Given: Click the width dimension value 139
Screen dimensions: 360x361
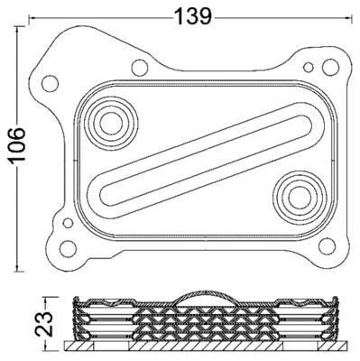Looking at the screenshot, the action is click(x=193, y=16).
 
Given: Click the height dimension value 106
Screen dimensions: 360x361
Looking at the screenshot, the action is click(x=17, y=146).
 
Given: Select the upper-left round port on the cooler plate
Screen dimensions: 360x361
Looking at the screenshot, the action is click(x=111, y=124).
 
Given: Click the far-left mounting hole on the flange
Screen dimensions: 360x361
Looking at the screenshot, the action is click(x=50, y=83).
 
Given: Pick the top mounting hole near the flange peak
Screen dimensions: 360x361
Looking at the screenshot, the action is click(x=140, y=68).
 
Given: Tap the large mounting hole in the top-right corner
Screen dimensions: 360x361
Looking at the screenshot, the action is click(x=330, y=68).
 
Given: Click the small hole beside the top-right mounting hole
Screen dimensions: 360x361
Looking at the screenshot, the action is click(x=309, y=67).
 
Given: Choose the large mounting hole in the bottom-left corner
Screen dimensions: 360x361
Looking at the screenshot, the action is click(x=68, y=248).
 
